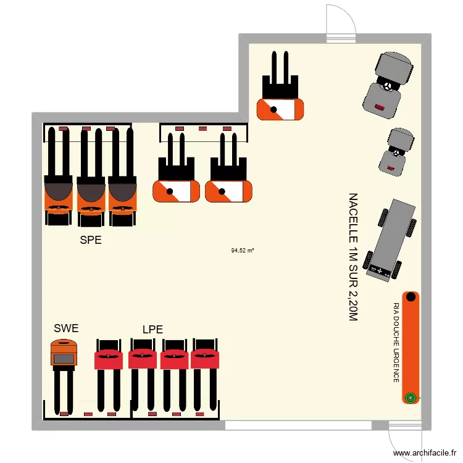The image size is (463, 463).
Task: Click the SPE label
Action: pos(90,241)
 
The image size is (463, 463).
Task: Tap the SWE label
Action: pos(66,328)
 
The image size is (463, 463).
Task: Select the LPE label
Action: pos(152,330)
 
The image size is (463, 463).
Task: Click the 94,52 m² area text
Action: pos(243,251)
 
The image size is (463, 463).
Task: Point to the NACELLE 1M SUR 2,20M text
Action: pos(352,257)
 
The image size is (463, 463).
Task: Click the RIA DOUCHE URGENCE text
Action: pos(396,343)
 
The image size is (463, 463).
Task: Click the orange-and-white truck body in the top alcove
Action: pos(281,110)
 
